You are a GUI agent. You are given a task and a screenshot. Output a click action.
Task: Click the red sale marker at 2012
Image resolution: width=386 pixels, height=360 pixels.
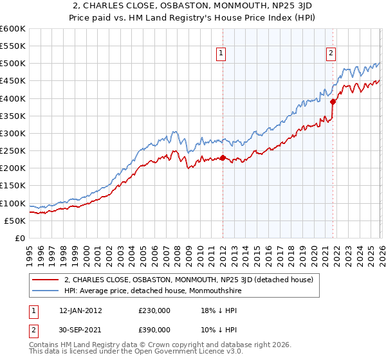click(223, 157)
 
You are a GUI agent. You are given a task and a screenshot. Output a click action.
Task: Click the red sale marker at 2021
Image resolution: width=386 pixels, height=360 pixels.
click(333, 102)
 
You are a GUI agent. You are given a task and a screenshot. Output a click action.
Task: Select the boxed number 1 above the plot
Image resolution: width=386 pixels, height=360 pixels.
click(221, 54)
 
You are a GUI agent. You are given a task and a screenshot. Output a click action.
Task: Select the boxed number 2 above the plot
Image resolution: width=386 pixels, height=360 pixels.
click(331, 54)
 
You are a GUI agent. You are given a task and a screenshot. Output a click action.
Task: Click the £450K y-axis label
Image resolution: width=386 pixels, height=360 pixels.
click(12, 81)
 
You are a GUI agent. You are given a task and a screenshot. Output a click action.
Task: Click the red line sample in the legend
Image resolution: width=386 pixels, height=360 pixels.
click(46, 280)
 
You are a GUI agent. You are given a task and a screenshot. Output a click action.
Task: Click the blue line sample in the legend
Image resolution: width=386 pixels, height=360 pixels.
click(46, 291)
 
